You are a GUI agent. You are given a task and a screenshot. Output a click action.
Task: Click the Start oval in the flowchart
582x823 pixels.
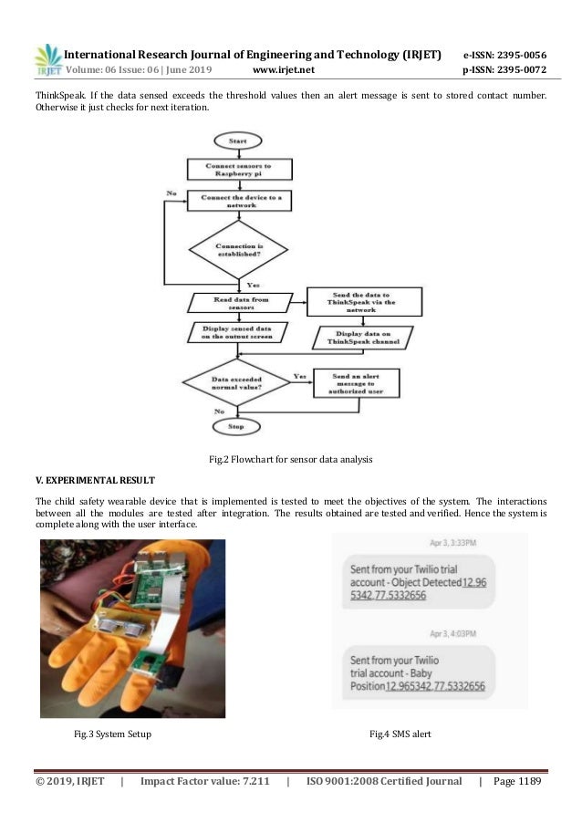coord(237,142)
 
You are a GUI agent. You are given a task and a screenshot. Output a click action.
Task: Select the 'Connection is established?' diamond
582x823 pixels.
coord(237,248)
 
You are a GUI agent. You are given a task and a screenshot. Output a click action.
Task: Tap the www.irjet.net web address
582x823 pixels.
coord(286,68)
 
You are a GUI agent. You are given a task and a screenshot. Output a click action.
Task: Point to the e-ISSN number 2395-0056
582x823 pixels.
coord(504,50)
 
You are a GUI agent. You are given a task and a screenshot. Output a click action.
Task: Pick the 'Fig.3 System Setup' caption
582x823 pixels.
coord(112,734)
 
